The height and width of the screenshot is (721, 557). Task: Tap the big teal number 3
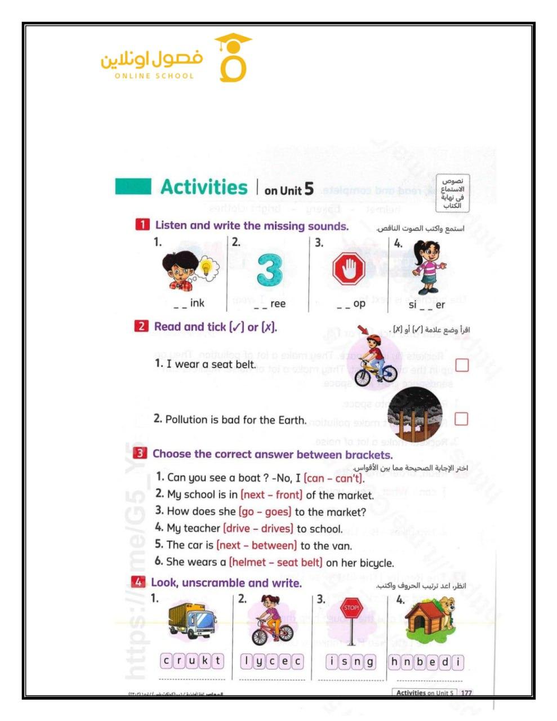click(x=270, y=270)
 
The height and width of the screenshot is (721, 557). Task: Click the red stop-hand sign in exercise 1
click(x=349, y=269)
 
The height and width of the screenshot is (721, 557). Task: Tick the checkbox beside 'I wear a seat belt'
click(x=462, y=365)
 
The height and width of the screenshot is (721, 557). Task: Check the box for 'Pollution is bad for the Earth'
click(x=461, y=419)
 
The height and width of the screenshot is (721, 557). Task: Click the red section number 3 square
click(x=140, y=453)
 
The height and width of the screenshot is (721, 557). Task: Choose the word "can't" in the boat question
click(x=347, y=478)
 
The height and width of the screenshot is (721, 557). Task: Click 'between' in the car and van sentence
click(x=274, y=546)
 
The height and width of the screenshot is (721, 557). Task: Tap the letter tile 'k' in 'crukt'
click(x=204, y=661)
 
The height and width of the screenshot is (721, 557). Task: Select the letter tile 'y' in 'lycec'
click(x=259, y=661)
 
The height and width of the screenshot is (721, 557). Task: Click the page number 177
click(x=466, y=693)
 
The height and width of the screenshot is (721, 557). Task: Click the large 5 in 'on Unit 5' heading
click(x=309, y=189)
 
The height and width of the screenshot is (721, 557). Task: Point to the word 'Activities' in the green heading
click(x=204, y=187)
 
